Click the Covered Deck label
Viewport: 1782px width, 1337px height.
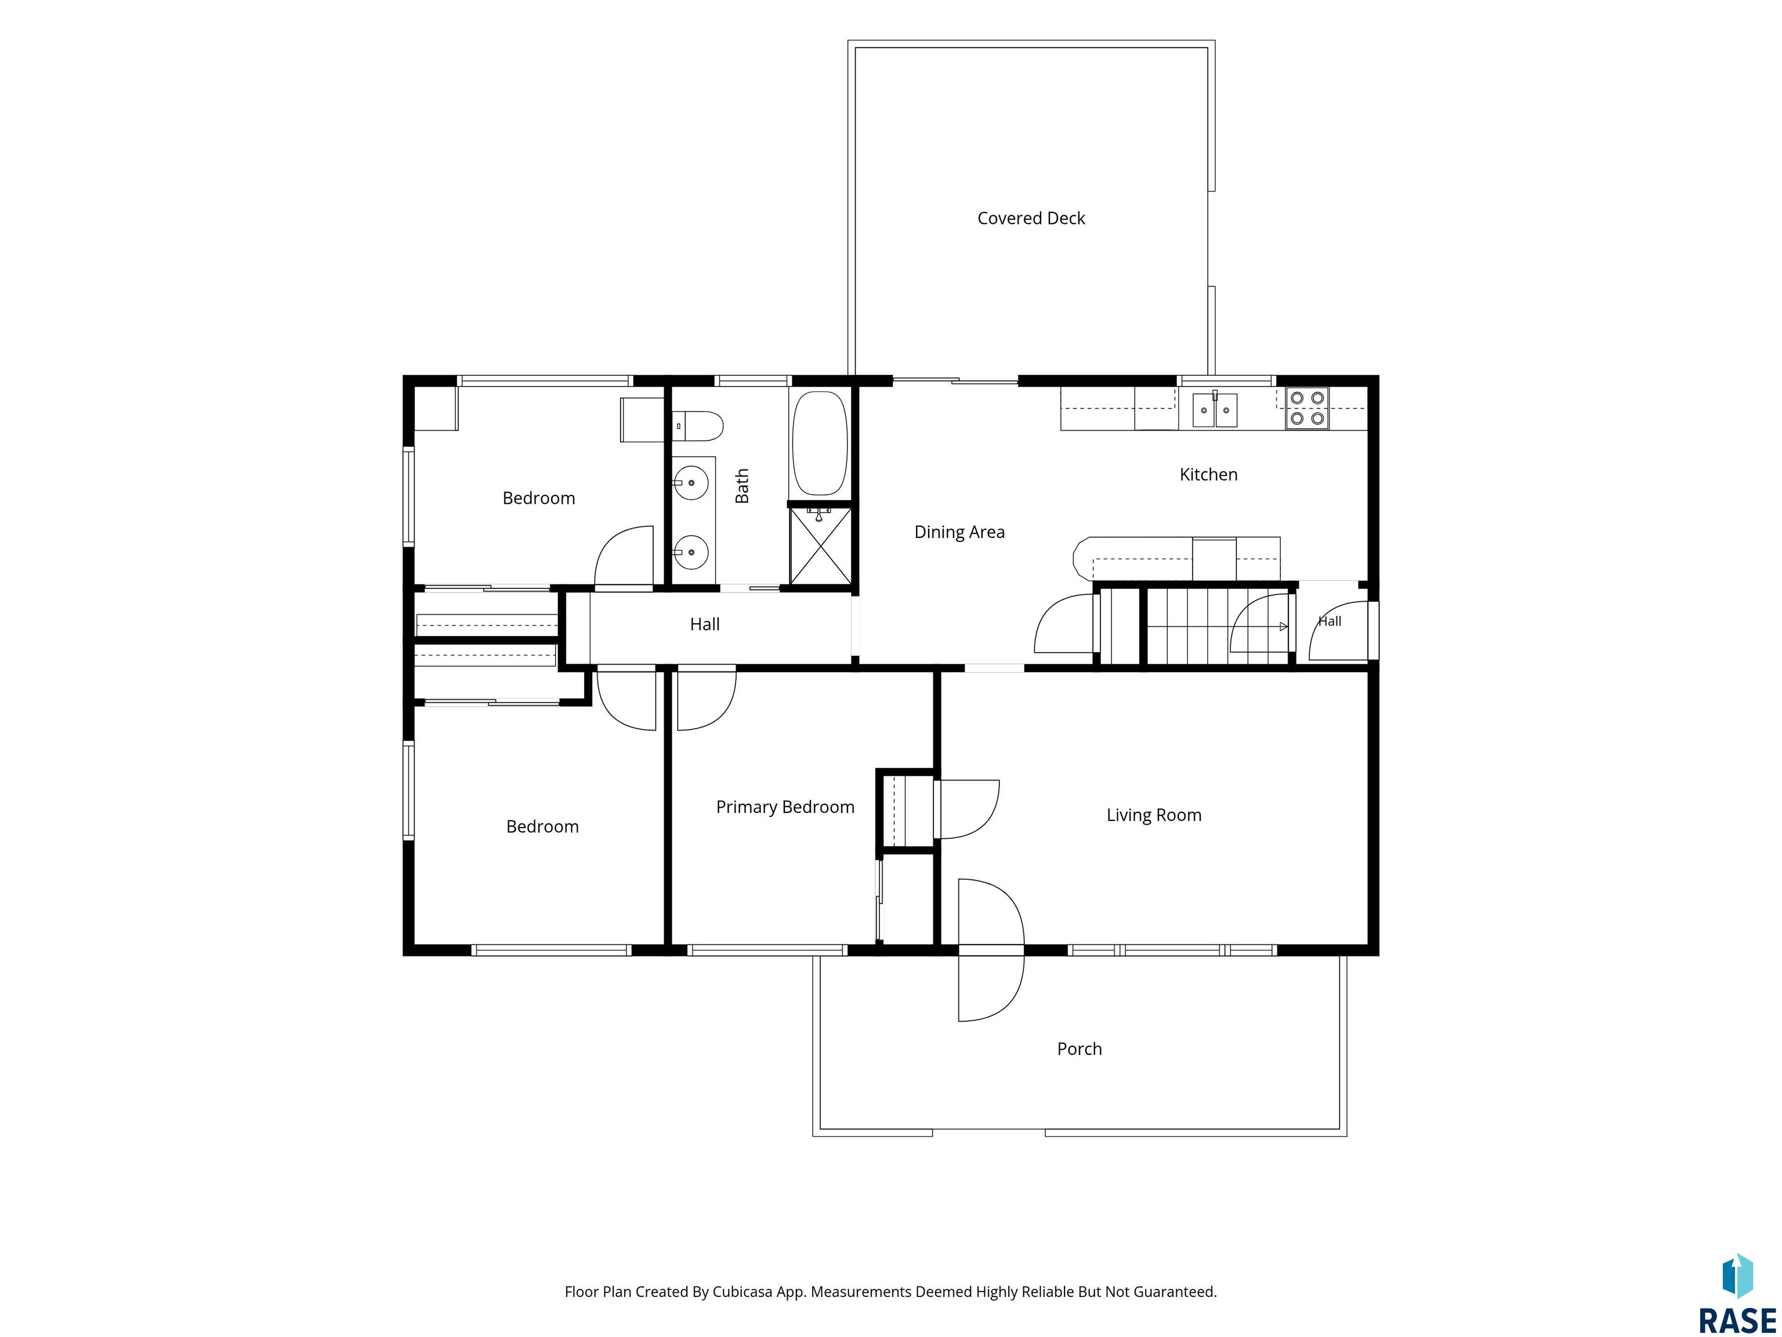(1031, 218)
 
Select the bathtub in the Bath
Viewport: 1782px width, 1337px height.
(820, 443)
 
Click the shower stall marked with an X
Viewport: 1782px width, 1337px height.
(820, 544)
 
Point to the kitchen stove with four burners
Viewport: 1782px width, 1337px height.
(1307, 409)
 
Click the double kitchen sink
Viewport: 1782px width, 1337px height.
(1215, 410)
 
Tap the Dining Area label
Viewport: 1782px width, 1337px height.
(959, 532)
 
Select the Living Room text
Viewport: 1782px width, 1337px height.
(1154, 815)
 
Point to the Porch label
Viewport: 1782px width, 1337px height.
(1080, 1049)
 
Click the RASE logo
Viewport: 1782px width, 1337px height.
(1738, 1294)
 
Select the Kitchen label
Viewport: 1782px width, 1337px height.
(1208, 475)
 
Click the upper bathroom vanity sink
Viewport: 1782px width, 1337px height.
(690, 482)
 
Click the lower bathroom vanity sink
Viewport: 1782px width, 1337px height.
(690, 552)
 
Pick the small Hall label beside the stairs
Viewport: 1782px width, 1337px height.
(1330, 620)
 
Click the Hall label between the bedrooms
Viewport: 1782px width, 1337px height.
(705, 624)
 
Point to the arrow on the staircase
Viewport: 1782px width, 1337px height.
(1283, 626)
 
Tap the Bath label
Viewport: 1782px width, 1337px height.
(742, 486)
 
